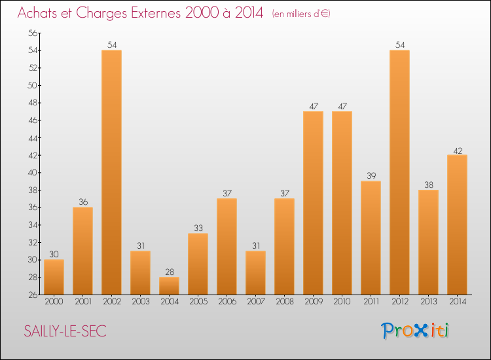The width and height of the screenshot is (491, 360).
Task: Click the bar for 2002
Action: point(112,172)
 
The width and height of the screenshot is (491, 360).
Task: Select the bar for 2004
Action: point(170,286)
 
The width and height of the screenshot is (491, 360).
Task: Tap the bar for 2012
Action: point(400,172)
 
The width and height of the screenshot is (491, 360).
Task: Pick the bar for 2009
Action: point(314,203)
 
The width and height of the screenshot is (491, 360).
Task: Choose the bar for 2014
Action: point(458,225)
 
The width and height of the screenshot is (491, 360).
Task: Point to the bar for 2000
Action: point(54,277)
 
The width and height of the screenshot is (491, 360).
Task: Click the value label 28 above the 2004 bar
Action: point(170,272)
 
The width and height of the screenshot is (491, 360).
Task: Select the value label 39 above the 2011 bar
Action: point(371,175)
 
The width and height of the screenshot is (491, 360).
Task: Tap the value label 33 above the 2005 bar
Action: point(198,228)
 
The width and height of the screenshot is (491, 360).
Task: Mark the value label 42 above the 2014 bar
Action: point(458,151)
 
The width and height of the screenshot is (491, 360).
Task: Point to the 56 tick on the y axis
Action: point(33,33)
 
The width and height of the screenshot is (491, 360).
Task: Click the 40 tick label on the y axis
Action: point(33,173)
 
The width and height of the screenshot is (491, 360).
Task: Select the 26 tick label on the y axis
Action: point(33,295)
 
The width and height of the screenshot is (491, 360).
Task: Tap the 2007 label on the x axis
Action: point(256,302)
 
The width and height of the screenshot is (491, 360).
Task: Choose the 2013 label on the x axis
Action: point(429,302)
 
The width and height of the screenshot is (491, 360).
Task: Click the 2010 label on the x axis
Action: point(342,302)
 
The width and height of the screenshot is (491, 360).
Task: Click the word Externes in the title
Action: point(156,12)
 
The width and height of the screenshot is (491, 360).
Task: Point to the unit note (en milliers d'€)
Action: point(301,14)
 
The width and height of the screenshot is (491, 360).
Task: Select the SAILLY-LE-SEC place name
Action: point(65,331)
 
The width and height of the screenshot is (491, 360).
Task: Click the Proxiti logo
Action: point(415,331)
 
